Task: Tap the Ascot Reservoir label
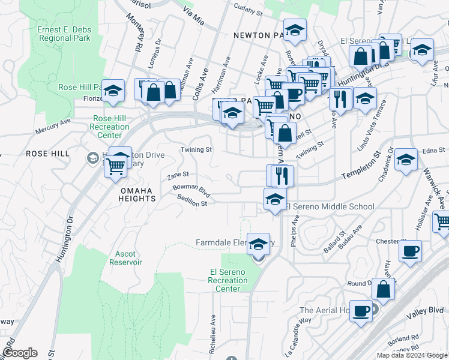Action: coord(125,258)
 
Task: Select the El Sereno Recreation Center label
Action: coord(228,280)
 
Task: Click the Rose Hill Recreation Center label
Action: coord(109,127)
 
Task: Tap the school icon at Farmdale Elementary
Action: coord(259,244)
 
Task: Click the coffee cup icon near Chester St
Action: coord(410,251)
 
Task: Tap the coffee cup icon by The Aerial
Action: coord(361,311)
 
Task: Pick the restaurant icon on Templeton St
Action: coord(282,176)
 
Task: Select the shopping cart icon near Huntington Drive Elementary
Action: coord(116,166)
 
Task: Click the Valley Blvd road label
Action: coord(431,310)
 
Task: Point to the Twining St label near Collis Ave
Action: coord(197,149)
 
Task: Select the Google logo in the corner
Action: coord(19,353)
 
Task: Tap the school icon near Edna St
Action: coord(406,160)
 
